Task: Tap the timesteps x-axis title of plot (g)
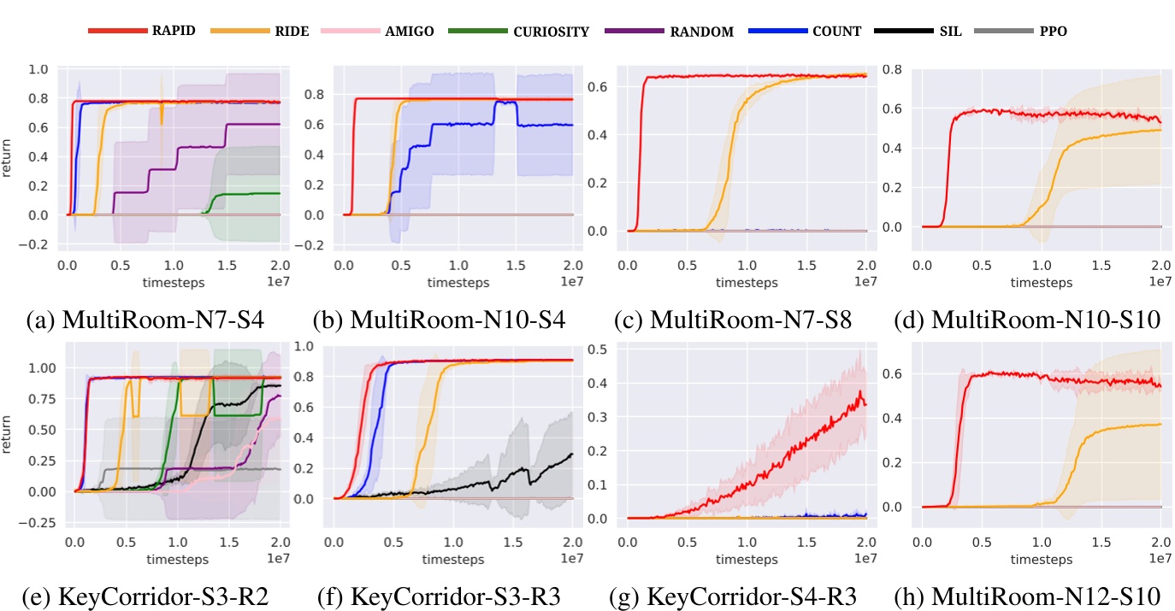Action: point(747,560)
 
